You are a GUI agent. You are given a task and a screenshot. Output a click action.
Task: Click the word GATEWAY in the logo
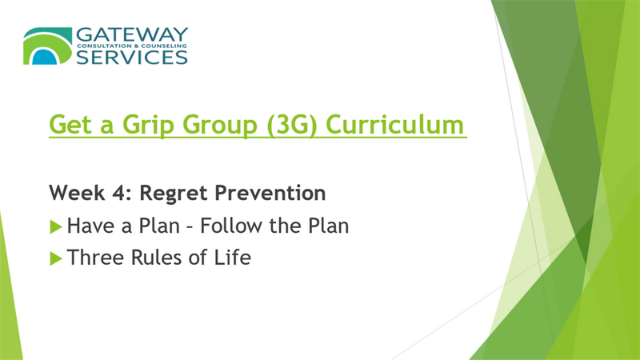[x=132, y=34]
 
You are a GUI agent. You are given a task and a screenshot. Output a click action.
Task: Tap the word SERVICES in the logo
[x=132, y=57]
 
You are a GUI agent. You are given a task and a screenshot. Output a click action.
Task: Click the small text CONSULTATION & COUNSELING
[x=132, y=46]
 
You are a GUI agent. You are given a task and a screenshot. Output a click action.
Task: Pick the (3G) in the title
[x=292, y=125]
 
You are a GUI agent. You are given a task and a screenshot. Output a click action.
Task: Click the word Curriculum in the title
[x=394, y=124]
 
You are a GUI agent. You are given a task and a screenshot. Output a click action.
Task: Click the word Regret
[x=174, y=194]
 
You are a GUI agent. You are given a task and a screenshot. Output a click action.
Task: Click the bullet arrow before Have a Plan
[x=56, y=226]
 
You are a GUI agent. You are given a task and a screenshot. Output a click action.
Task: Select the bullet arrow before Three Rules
[x=56, y=258]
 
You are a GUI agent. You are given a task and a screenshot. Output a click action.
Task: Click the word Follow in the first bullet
[x=230, y=226]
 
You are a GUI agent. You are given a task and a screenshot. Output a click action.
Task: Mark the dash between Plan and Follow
[x=190, y=227]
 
